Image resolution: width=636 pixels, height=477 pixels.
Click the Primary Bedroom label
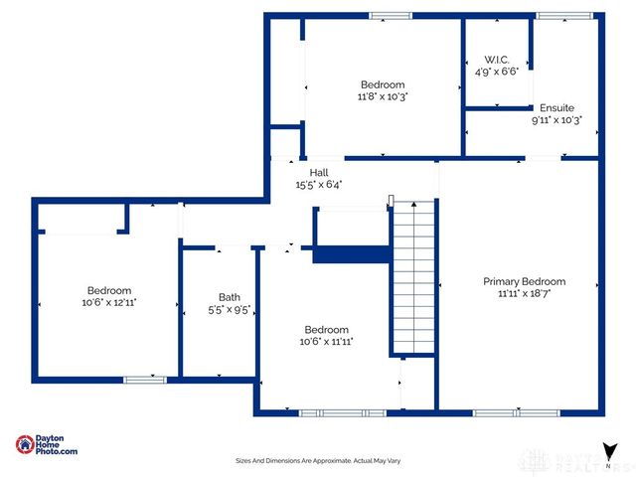(x=524, y=281)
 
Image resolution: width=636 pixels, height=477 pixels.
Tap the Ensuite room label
(x=556, y=107)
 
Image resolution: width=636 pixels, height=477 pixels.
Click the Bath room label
(x=230, y=296)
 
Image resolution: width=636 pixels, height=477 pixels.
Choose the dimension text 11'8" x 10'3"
(x=383, y=97)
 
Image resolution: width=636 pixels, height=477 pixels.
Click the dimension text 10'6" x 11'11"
(x=326, y=342)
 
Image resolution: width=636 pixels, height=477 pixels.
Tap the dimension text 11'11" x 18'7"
(x=524, y=294)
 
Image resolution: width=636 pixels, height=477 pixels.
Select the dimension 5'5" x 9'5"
(x=230, y=309)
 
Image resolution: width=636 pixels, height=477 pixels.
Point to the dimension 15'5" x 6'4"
(x=318, y=184)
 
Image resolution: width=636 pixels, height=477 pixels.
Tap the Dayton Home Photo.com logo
(x=46, y=445)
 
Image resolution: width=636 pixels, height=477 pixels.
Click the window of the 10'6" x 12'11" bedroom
(x=144, y=379)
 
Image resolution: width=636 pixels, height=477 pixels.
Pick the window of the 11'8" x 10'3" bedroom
(x=390, y=15)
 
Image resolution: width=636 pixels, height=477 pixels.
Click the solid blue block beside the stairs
(x=349, y=255)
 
